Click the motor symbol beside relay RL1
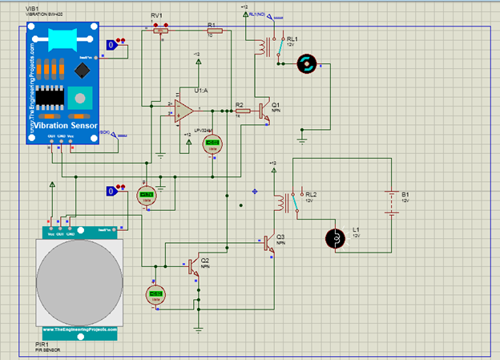[308, 65]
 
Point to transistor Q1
[263, 111]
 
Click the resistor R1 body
[214, 32]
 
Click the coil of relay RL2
[280, 201]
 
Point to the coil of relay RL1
[261, 47]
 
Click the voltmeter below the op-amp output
[212, 144]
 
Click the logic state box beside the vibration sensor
[112, 46]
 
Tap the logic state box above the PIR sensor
[112, 191]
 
